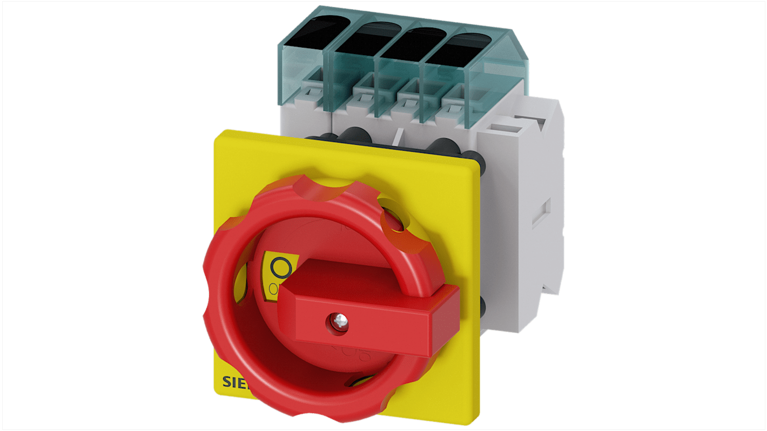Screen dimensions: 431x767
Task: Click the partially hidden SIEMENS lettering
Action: [233, 382]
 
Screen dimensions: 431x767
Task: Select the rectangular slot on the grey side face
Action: [542, 213]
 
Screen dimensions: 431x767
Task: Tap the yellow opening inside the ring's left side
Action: [241, 284]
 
